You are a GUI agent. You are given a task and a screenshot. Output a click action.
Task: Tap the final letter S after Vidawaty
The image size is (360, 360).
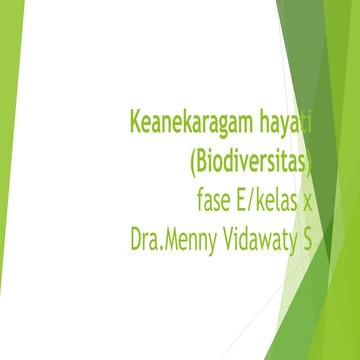307,240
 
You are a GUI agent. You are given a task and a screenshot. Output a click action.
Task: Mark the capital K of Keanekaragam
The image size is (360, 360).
135,124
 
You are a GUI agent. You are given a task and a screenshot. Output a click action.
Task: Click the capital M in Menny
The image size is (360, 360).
176,240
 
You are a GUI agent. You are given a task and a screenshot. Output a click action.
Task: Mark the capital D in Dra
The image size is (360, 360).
137,240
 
